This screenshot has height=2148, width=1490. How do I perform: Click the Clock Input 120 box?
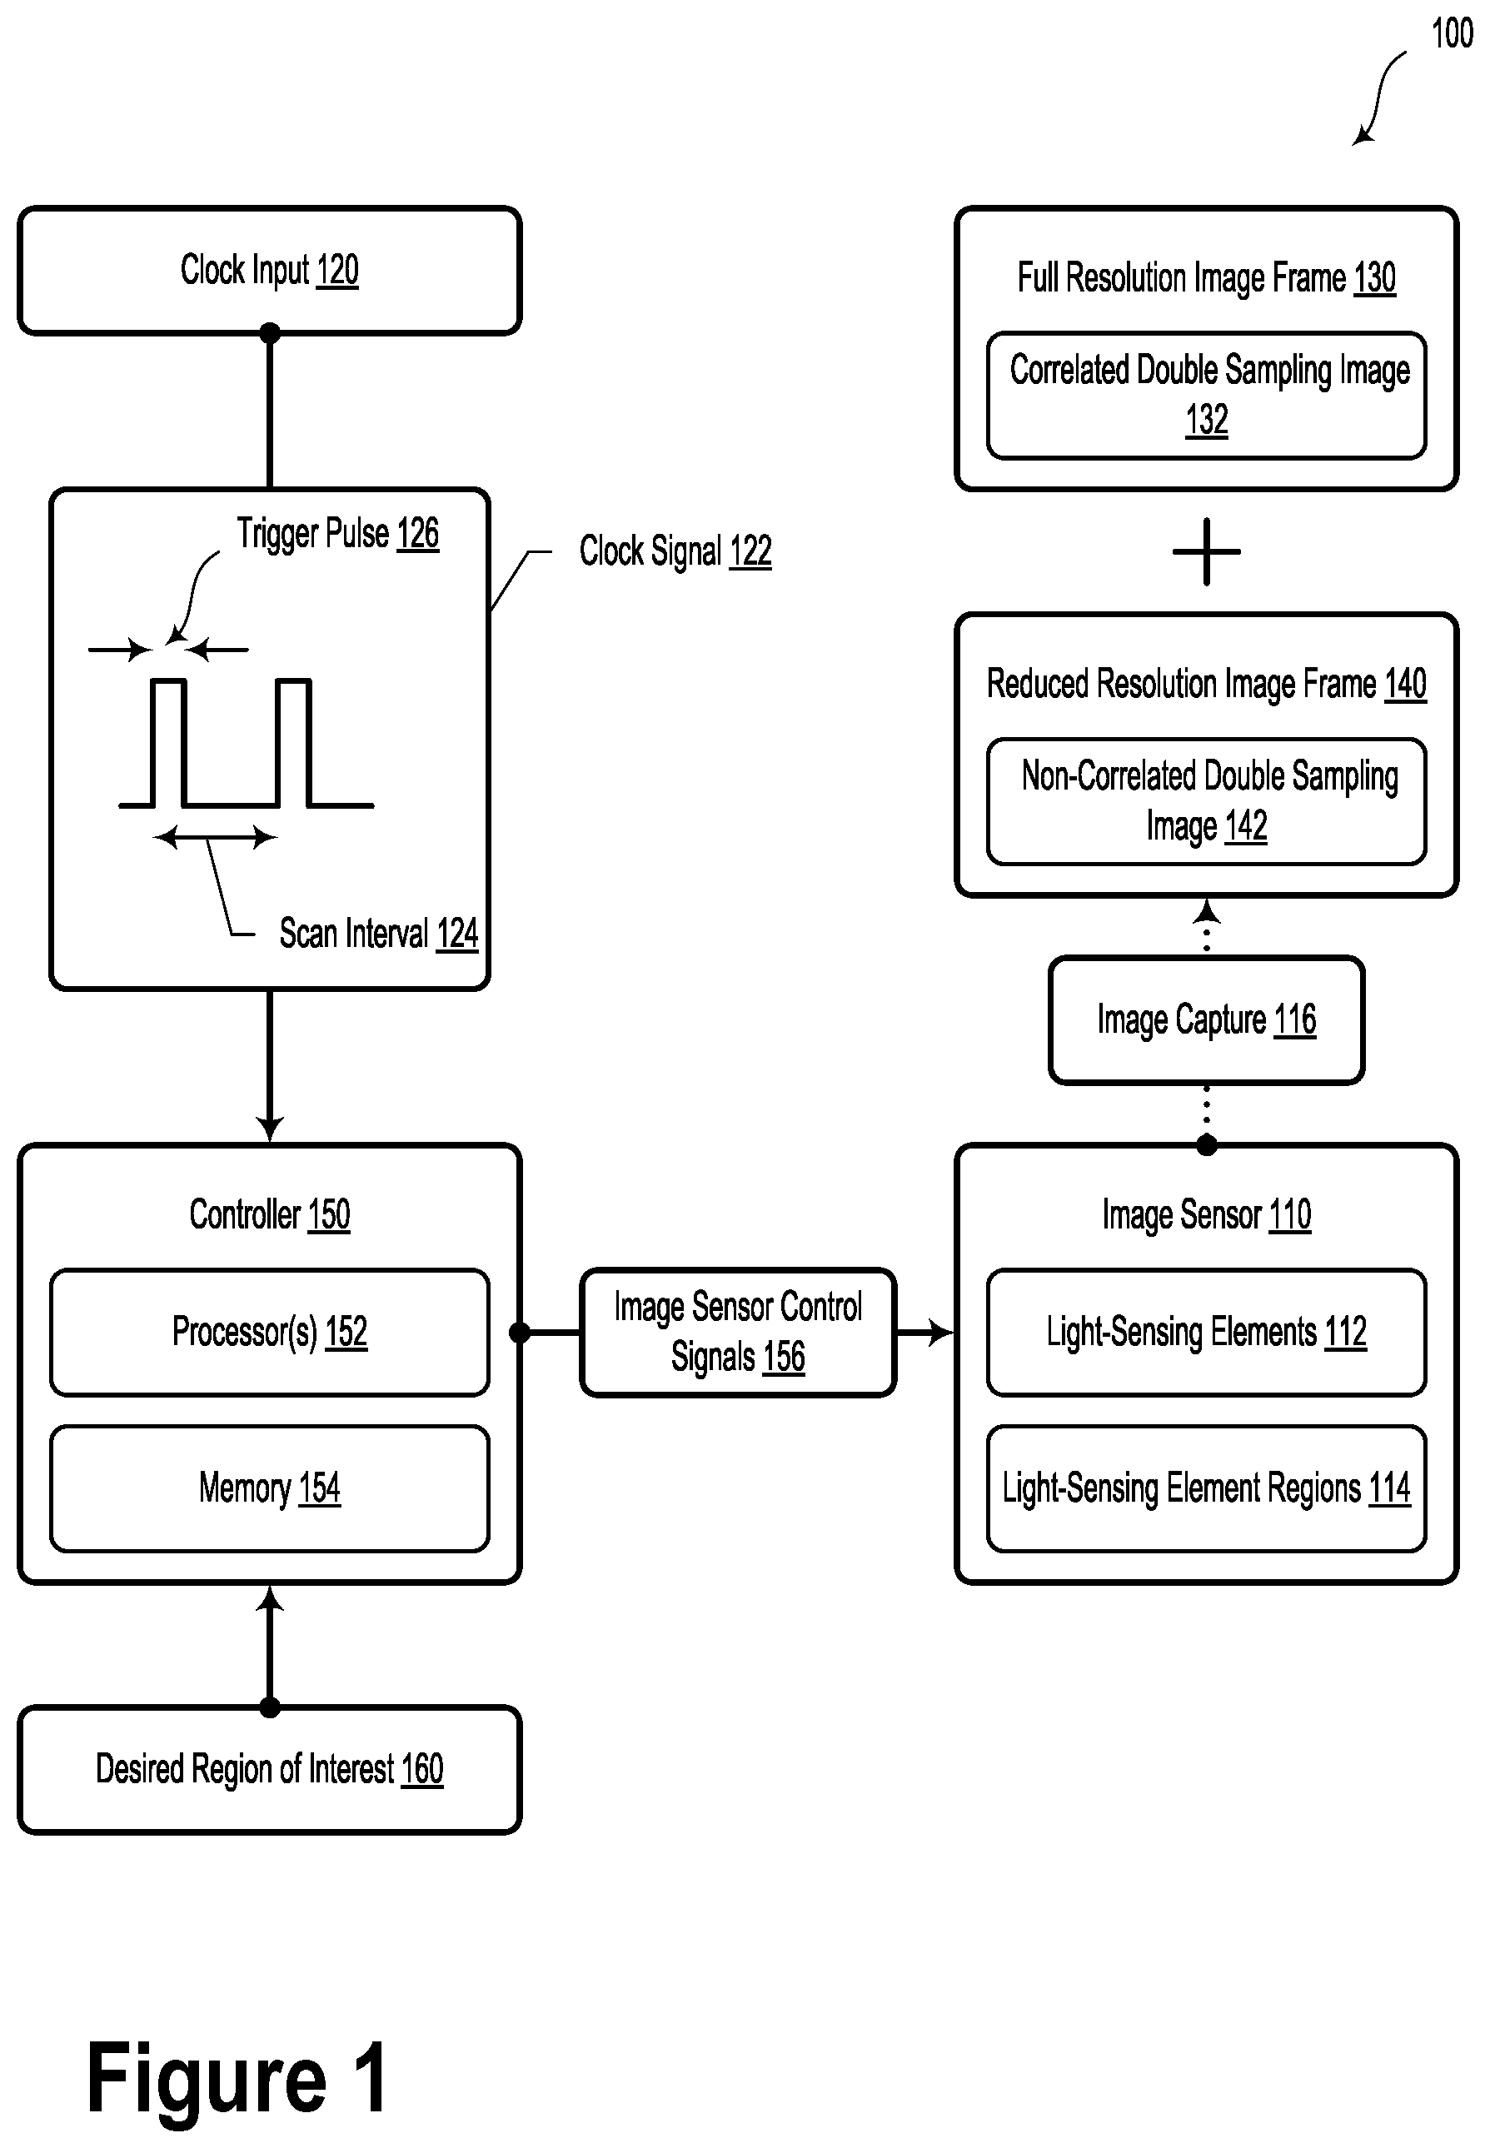click(x=269, y=270)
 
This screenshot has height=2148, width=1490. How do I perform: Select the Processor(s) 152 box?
click(x=269, y=1332)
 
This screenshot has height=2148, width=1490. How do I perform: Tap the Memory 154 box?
click(x=269, y=1488)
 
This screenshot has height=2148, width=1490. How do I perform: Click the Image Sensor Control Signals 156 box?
click(x=738, y=1332)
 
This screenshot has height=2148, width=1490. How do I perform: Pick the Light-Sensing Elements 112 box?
click(x=1206, y=1332)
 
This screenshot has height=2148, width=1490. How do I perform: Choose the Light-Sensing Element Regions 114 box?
click(x=1206, y=1488)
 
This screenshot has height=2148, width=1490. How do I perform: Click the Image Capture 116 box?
click(x=1206, y=1019)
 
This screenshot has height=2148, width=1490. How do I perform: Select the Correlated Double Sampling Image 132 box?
click(x=1206, y=395)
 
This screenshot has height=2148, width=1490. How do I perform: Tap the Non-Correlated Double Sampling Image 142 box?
click(x=1206, y=801)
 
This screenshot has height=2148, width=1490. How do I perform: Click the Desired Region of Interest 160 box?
click(x=269, y=1769)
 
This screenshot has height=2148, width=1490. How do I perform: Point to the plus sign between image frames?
click(x=1206, y=551)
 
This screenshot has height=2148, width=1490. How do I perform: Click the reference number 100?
click(x=1452, y=33)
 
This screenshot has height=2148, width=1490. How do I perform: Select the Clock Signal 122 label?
click(x=675, y=551)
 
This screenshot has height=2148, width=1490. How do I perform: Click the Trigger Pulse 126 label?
click(x=337, y=534)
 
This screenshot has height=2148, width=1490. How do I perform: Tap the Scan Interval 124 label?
click(x=378, y=934)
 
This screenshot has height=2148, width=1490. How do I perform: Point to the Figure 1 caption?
click(x=237, y=2076)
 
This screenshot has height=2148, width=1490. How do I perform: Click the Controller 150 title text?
click(x=269, y=1214)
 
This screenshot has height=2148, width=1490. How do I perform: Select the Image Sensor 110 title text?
click(x=1206, y=1214)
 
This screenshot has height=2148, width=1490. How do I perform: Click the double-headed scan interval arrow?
click(x=215, y=837)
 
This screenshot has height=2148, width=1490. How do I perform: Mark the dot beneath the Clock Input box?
click(x=270, y=333)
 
